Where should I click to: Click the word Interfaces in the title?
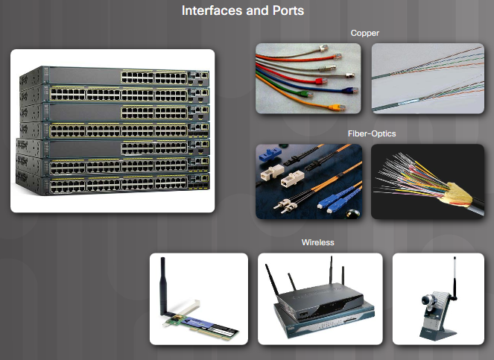pos(210,11)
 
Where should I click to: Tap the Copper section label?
pos(365,34)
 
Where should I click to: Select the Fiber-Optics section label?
pos(371,134)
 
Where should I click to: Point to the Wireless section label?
pos(317,243)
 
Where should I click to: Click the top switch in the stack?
pos(119,76)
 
